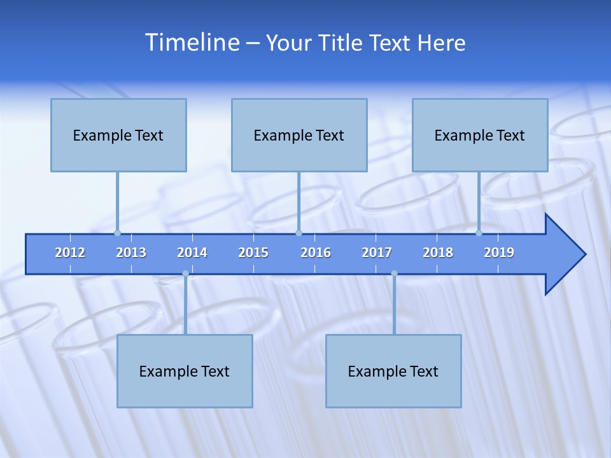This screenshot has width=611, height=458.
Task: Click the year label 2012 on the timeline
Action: tap(70, 253)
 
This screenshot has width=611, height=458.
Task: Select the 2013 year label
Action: tap(131, 253)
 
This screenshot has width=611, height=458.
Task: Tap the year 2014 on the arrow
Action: tap(192, 253)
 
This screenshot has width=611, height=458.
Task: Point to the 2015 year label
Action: tap(253, 253)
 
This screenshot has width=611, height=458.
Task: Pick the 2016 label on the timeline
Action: tap(316, 253)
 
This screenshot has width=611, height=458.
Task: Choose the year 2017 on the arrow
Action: tap(377, 253)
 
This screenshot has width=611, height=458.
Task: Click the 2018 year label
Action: tap(438, 253)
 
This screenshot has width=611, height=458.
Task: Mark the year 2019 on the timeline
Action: tap(499, 253)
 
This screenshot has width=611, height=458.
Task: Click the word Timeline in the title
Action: tap(192, 42)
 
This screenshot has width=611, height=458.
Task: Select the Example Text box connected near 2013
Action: tap(118, 135)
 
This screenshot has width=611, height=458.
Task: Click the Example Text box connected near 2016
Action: tap(299, 135)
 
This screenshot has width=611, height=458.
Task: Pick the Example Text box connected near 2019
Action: tap(480, 135)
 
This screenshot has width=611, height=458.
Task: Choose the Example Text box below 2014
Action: tap(185, 371)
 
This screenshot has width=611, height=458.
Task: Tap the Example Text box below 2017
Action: tap(393, 371)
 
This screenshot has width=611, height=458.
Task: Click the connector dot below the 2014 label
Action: tap(185, 274)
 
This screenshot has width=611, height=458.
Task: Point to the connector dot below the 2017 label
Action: tap(394, 274)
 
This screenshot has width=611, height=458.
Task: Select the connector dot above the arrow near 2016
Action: tap(298, 233)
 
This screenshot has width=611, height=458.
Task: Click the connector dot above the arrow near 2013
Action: tap(117, 233)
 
